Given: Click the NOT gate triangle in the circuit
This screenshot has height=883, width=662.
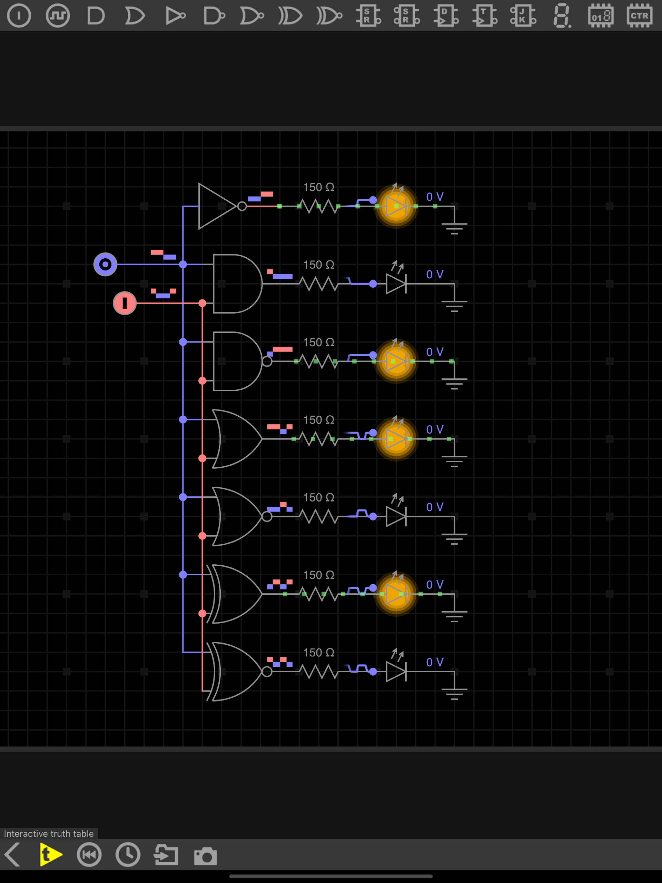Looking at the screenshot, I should click(216, 206).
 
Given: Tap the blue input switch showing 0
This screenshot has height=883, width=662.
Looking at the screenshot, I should click(105, 264).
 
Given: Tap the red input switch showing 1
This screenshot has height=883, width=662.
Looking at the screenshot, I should click(125, 303).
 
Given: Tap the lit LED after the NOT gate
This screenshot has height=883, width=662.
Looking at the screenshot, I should click(396, 206).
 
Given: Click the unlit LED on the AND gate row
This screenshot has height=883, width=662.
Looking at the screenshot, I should click(396, 284).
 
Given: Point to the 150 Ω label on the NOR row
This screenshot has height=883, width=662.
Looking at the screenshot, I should click(318, 497).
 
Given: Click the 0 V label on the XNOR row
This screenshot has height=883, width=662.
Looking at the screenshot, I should click(434, 662).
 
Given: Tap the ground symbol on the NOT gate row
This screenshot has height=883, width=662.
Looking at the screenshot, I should click(454, 228).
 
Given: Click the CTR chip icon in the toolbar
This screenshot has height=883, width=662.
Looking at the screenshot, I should click(639, 16).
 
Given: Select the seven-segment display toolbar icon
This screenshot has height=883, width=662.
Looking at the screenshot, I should click(562, 16).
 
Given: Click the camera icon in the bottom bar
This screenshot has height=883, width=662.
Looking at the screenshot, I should click(205, 855).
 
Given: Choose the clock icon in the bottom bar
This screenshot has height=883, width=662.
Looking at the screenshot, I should click(128, 855).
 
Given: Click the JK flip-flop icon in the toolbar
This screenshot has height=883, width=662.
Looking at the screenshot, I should click(523, 16).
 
